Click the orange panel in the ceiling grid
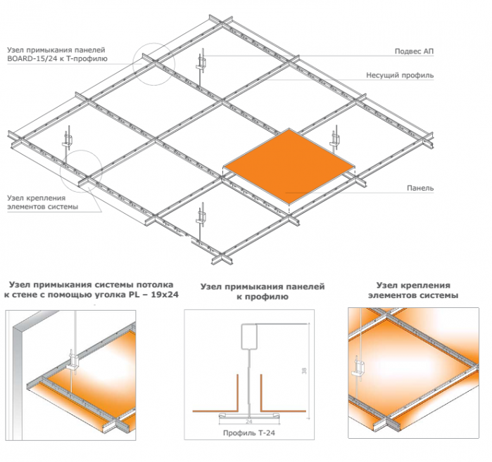click(289, 166)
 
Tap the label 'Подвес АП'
click(414, 51)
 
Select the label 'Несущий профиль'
click(400, 75)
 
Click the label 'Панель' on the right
click(420, 188)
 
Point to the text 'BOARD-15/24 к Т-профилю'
click(58, 58)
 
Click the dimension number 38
click(304, 371)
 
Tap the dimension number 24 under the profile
click(249, 422)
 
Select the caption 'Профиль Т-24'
click(249, 433)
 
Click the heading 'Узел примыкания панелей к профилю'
click(263, 292)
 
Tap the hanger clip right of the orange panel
click(335, 139)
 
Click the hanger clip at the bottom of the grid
click(201, 217)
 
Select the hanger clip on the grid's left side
click(67, 141)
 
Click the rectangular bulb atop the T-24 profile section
click(249, 337)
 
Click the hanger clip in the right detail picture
click(359, 367)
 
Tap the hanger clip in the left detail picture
click(72, 361)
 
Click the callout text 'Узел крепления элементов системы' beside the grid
click(43, 202)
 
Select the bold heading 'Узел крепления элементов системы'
click(413, 290)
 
